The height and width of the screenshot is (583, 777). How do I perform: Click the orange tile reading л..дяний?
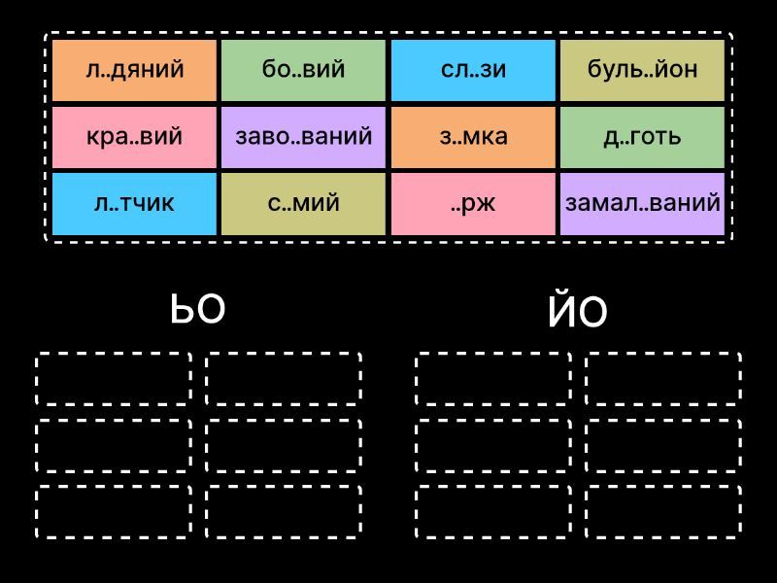click(x=134, y=70)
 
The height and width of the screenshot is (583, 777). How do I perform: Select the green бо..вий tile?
click(x=304, y=70)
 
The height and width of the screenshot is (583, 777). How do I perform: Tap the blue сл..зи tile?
click(x=473, y=70)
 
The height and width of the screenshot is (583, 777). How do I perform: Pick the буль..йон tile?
click(x=642, y=70)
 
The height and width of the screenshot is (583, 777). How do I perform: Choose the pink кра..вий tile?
click(x=134, y=137)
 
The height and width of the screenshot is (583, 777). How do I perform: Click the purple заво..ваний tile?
click(x=304, y=137)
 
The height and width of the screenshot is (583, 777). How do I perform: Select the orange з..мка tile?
click(x=473, y=137)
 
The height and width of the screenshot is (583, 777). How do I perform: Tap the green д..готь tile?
click(x=642, y=137)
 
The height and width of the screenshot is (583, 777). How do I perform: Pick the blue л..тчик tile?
click(x=134, y=203)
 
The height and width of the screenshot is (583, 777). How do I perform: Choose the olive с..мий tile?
click(x=304, y=203)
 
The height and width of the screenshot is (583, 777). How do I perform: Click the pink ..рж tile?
click(x=473, y=203)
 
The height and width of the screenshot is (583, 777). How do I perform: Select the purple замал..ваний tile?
click(x=642, y=203)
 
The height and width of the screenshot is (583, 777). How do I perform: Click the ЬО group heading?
click(x=198, y=309)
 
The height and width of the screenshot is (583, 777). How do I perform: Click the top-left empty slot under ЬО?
click(x=114, y=379)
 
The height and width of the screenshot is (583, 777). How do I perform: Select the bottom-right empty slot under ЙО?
click(x=663, y=511)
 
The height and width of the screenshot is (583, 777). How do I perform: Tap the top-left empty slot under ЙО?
click(x=493, y=379)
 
